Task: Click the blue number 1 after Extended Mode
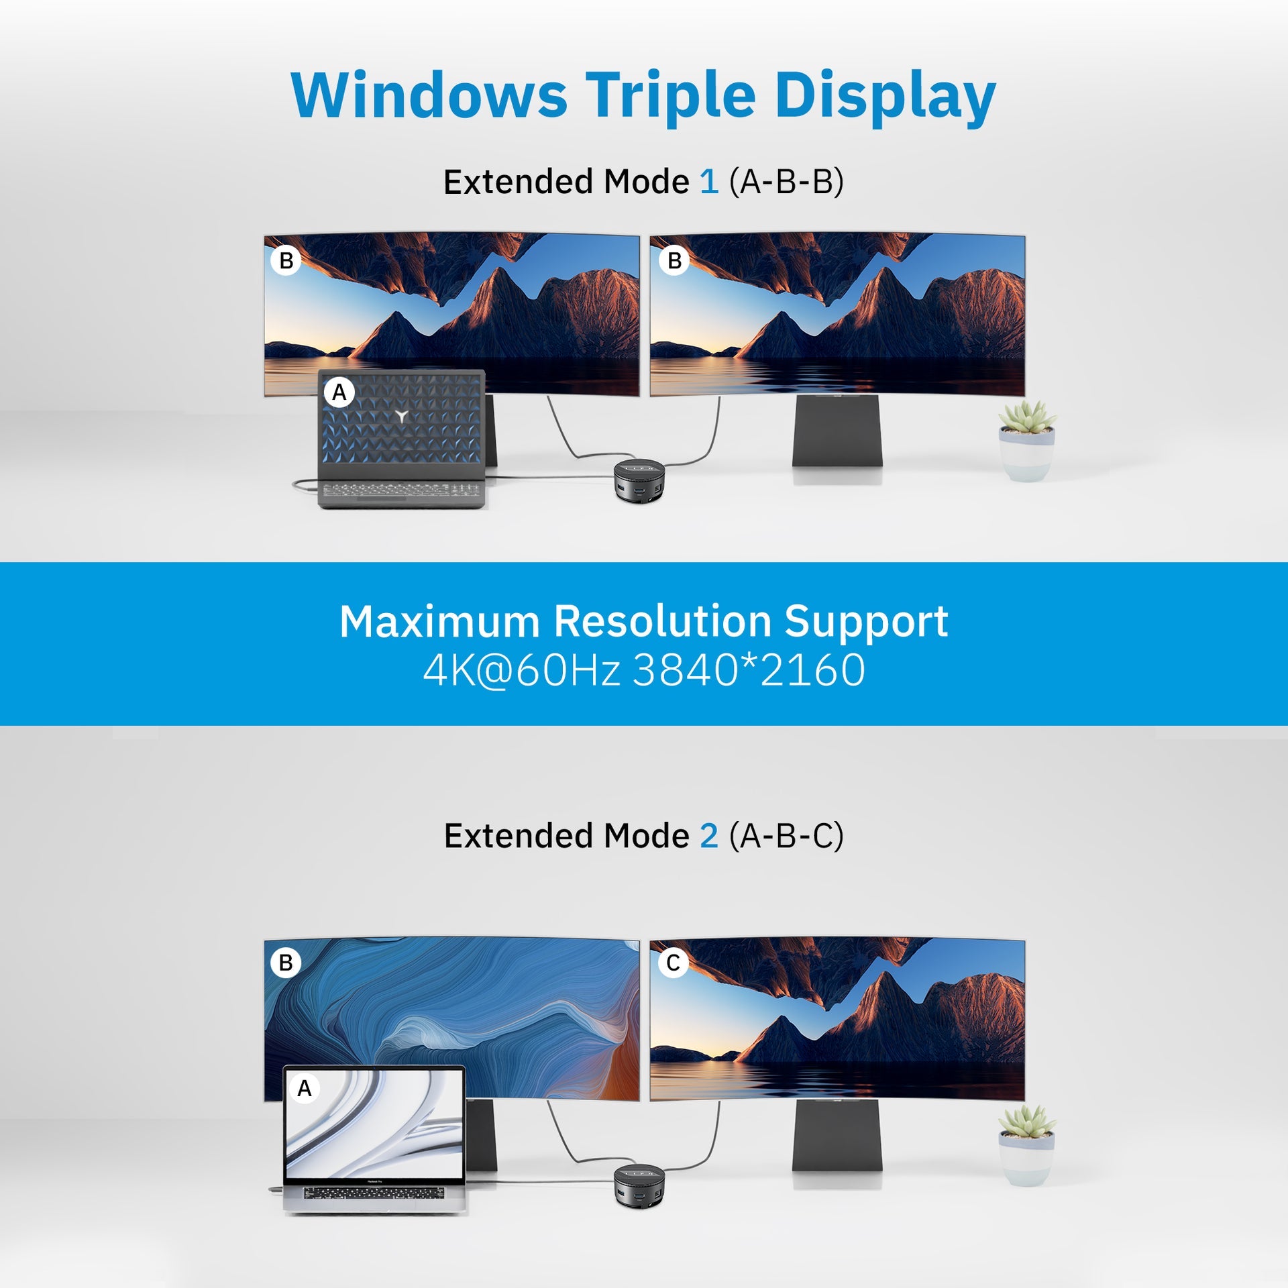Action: click(709, 182)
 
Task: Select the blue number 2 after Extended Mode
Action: click(709, 836)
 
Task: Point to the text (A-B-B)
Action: click(786, 182)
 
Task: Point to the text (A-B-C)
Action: click(786, 836)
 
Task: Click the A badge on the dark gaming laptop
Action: click(339, 392)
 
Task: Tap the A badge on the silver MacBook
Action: click(305, 1088)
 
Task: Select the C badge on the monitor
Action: click(674, 963)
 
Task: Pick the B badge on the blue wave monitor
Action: click(286, 963)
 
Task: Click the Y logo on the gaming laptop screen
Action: click(401, 416)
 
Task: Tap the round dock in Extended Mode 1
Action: click(639, 480)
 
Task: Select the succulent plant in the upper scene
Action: click(1027, 441)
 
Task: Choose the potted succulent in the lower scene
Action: click(1027, 1146)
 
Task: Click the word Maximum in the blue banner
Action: click(439, 621)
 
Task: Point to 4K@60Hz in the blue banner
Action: click(521, 670)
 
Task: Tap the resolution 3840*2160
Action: click(749, 670)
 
